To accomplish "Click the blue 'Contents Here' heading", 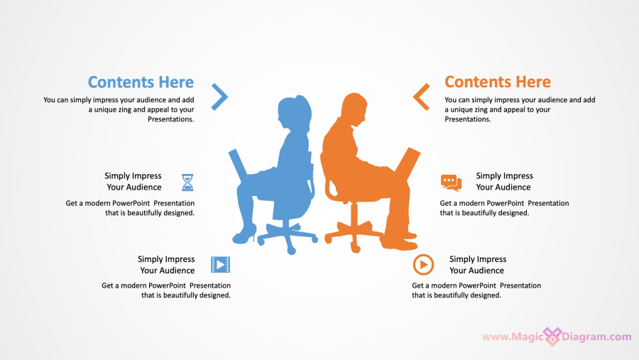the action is pyautogui.click(x=141, y=82).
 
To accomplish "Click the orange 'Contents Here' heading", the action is pyautogui.click(x=498, y=82).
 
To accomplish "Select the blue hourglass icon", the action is pyautogui.click(x=187, y=182).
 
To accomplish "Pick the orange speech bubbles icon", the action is pyautogui.click(x=451, y=182).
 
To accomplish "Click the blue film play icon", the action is pyautogui.click(x=221, y=265).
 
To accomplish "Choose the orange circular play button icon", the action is pyautogui.click(x=423, y=265).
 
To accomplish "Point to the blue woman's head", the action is pyautogui.click(x=294, y=111).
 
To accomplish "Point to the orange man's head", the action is pyautogui.click(x=354, y=109).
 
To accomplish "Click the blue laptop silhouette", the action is pyautogui.click(x=239, y=166).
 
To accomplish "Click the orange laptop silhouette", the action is pyautogui.click(x=407, y=165).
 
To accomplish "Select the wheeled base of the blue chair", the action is pyautogui.click(x=288, y=236).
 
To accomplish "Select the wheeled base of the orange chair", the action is pyautogui.click(x=354, y=234).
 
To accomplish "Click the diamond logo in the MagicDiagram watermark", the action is pyautogui.click(x=552, y=337).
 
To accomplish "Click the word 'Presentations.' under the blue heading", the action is pyautogui.click(x=170, y=119).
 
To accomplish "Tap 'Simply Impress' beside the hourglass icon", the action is pyautogui.click(x=133, y=176).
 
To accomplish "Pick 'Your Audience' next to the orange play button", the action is pyautogui.click(x=477, y=271).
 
